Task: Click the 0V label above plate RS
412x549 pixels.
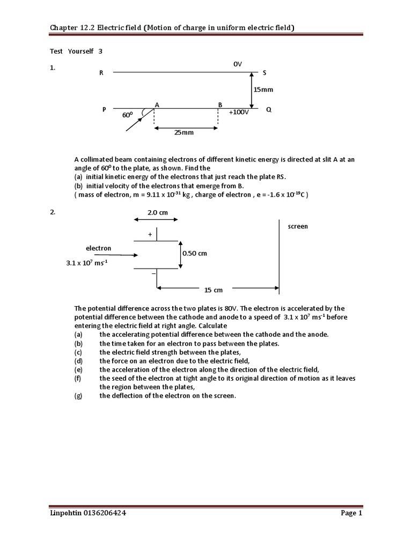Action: pos(238,64)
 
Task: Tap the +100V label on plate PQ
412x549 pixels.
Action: pos(239,113)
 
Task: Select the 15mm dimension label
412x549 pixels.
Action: pos(263,90)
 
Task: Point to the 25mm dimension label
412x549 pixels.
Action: pos(183,132)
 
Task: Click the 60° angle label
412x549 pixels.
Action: pos(127,115)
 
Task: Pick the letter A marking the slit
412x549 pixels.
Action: pos(157,104)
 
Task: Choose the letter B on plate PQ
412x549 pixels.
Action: pos(220,104)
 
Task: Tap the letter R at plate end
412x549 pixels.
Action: pos(101,73)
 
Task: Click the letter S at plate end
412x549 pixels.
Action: pos(264,72)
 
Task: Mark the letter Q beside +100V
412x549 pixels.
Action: pos(269,109)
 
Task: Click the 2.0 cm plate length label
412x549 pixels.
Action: pos(158,212)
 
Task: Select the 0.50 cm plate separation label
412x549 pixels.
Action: pos(195,253)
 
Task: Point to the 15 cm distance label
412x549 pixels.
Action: pos(214,290)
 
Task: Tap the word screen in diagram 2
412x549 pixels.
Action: pos(298,226)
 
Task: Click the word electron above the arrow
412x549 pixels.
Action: pos(99,248)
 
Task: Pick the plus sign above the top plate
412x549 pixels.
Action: pos(150,234)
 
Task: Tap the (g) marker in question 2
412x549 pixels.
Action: pos(79,396)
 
